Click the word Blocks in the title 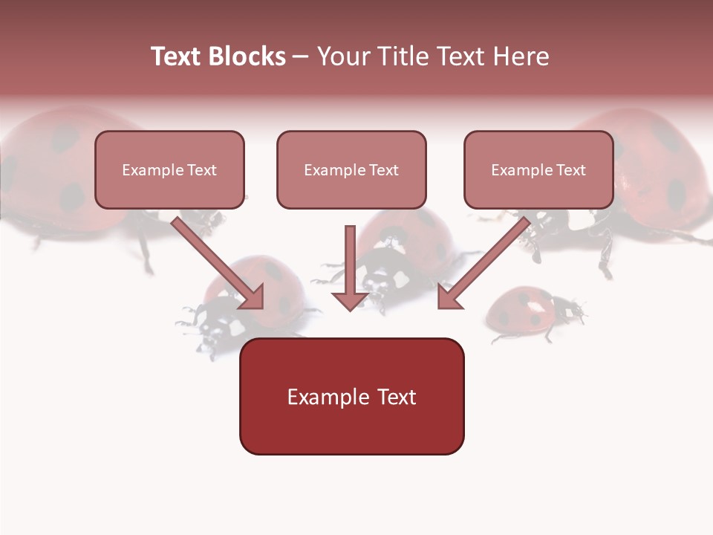(x=245, y=56)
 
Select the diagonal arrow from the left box (x=219, y=264)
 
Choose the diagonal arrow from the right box (x=483, y=264)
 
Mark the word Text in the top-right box (x=571, y=170)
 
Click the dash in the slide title (x=301, y=56)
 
